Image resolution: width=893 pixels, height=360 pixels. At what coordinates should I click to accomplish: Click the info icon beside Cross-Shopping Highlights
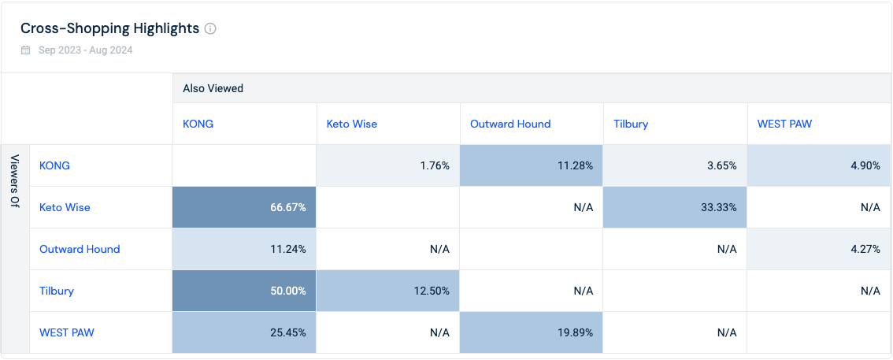click(210, 28)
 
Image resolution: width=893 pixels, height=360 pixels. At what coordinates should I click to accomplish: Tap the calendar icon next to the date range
click(26, 50)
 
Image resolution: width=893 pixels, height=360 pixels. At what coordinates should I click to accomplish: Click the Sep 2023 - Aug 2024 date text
click(85, 50)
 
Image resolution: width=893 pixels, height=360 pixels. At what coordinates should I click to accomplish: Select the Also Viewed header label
click(213, 88)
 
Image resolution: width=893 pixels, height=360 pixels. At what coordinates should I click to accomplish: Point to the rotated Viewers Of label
click(16, 182)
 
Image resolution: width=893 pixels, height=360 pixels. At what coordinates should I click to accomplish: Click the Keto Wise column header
click(351, 124)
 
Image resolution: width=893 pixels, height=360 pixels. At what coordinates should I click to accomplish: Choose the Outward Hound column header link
click(510, 124)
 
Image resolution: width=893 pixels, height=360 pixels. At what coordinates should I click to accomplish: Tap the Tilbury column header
click(631, 124)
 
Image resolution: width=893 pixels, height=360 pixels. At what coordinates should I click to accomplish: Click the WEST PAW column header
click(784, 124)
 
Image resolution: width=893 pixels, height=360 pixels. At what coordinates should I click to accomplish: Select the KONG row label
click(54, 165)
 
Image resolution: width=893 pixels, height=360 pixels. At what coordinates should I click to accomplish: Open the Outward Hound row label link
click(80, 249)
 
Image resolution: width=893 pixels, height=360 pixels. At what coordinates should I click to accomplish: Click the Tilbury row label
click(57, 291)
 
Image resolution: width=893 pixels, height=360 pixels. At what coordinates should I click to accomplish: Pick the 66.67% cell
click(244, 207)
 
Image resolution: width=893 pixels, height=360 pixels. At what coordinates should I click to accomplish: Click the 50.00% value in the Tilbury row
click(287, 291)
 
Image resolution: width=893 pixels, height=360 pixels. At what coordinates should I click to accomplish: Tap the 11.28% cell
click(532, 165)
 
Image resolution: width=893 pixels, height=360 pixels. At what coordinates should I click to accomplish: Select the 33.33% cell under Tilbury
click(675, 207)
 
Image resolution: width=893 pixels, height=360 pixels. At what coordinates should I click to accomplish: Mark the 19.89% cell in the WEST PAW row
click(532, 332)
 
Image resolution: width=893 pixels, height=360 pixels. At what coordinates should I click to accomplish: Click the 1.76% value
click(435, 165)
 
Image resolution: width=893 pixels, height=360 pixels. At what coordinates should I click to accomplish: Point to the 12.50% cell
click(388, 291)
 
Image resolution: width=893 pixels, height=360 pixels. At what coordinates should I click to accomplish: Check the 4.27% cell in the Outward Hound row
click(819, 249)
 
